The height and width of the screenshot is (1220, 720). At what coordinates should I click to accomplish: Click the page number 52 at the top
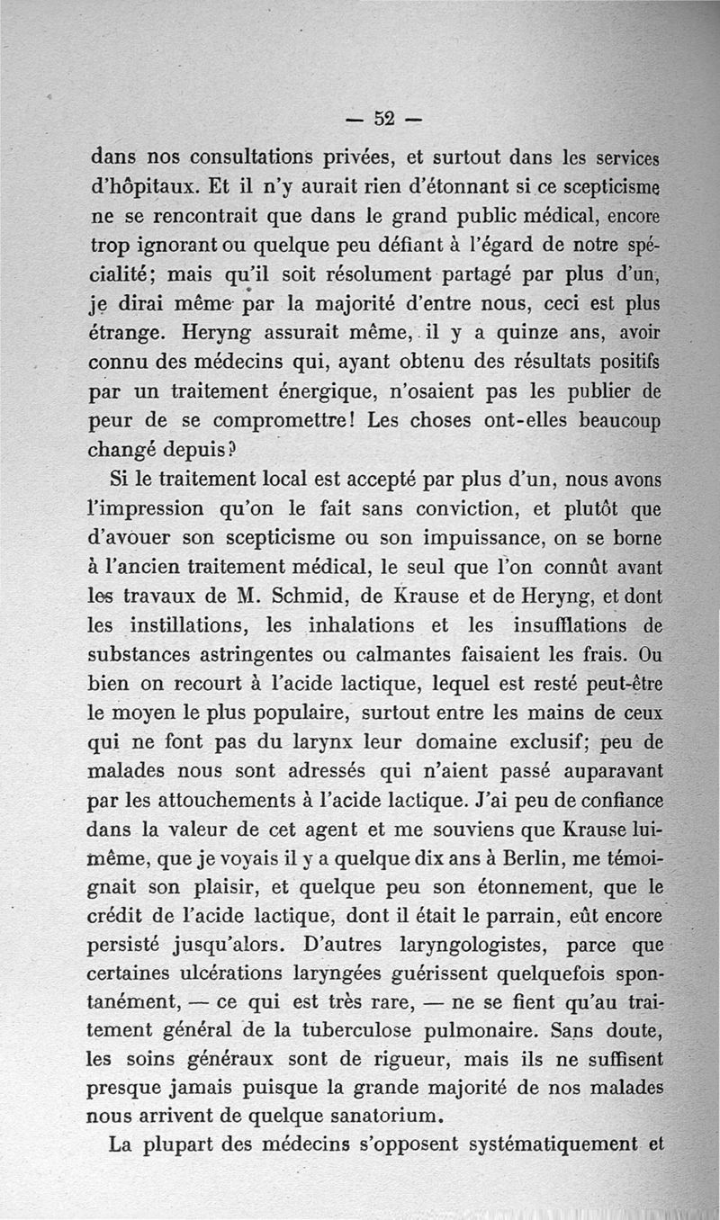pyautogui.click(x=385, y=119)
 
